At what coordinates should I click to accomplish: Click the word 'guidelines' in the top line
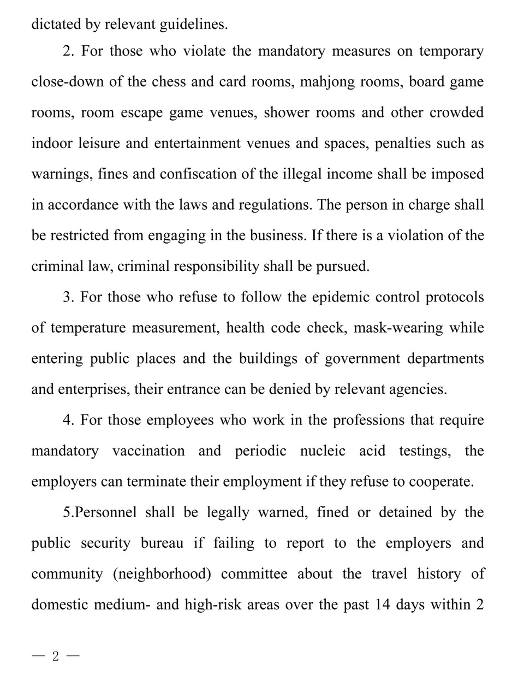[x=190, y=25]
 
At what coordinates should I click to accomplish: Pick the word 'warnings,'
[x=62, y=174]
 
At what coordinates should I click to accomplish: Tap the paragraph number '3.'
[x=68, y=297]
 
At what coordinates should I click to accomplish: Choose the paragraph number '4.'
[x=68, y=420]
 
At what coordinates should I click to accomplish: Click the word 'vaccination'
[x=148, y=451]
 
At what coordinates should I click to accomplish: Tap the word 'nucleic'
[x=323, y=451]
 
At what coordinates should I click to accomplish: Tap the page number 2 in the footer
[x=55, y=656]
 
